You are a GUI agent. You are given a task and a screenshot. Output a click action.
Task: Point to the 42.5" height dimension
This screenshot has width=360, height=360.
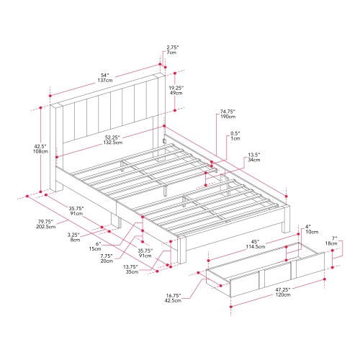tap(40, 147)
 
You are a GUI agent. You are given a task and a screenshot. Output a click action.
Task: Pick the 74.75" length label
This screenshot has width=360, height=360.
tap(225, 112)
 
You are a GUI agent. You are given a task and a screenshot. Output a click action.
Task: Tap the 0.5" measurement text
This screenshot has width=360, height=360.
tap(236, 133)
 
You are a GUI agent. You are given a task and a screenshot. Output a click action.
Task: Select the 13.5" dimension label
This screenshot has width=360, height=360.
tap(255, 155)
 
